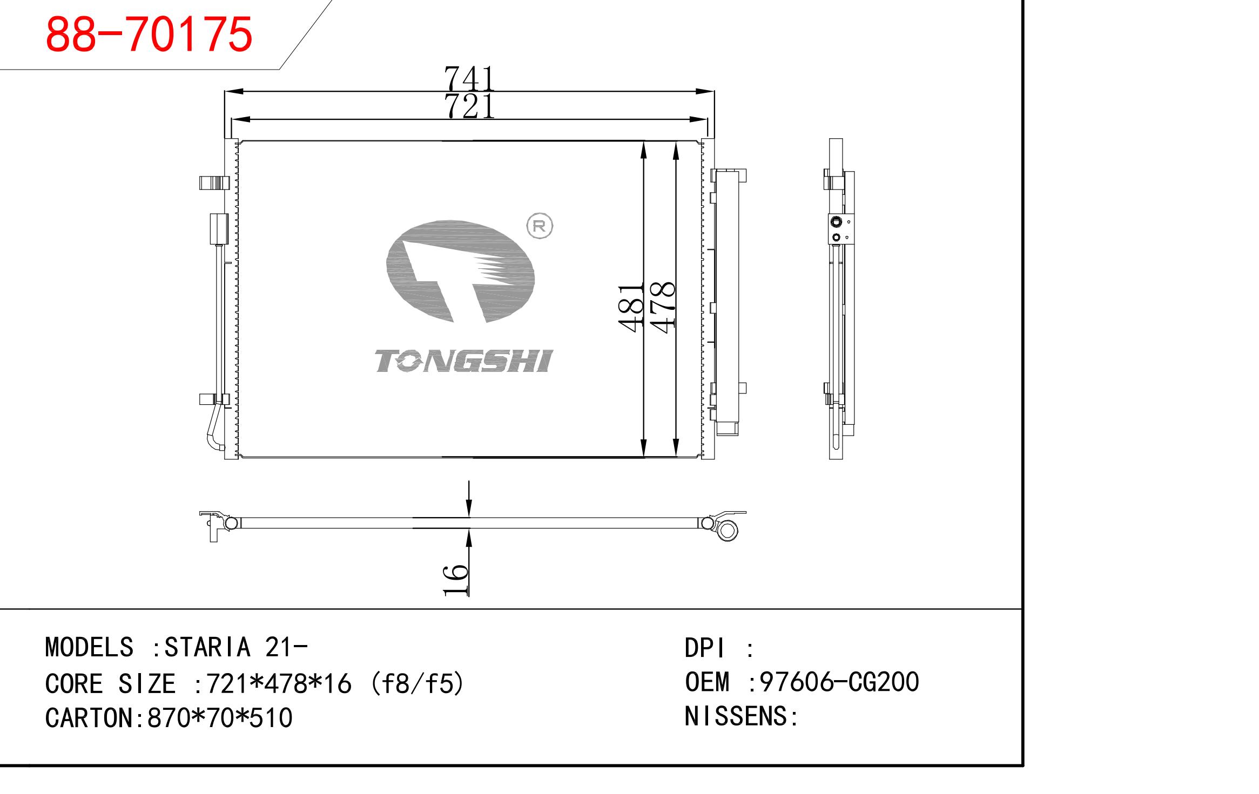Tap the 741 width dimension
pyautogui.click(x=469, y=79)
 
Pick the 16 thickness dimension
pyautogui.click(x=455, y=580)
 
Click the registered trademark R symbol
pyautogui.click(x=540, y=226)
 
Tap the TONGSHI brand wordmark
pyautogui.click(x=464, y=361)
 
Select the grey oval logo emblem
pyautogui.click(x=460, y=272)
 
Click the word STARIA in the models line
pyautogui.click(x=207, y=647)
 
